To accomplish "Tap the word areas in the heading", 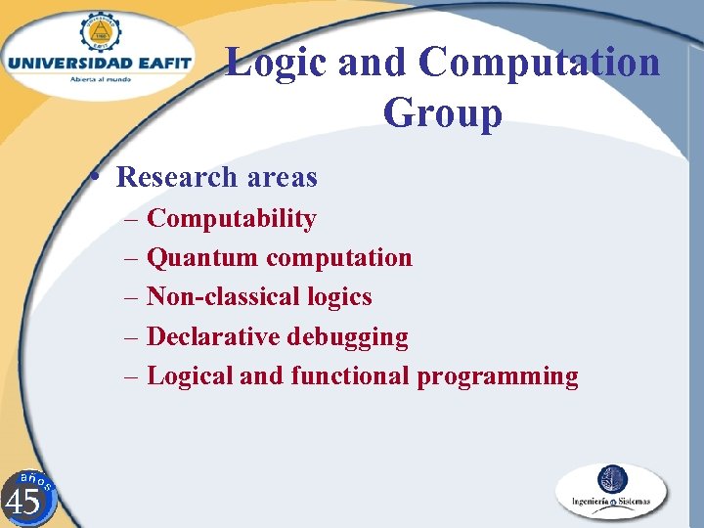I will [x=283, y=177].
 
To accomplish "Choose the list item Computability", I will [x=231, y=218].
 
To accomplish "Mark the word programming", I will [x=498, y=375].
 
